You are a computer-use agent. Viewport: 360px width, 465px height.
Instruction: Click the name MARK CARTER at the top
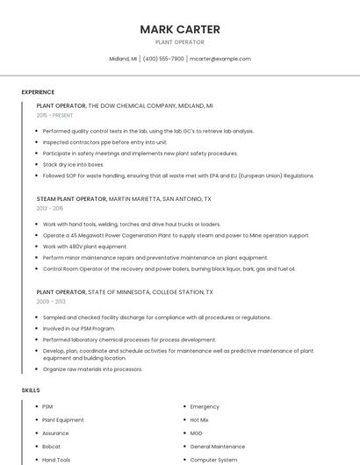180,29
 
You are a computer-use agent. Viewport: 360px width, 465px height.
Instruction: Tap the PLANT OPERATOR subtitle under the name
180,42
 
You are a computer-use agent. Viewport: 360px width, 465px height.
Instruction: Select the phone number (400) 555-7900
163,59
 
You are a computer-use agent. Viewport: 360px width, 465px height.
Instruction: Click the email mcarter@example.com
220,59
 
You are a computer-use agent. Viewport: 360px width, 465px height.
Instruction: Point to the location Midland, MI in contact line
123,59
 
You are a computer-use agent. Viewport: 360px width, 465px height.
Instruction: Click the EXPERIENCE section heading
38,92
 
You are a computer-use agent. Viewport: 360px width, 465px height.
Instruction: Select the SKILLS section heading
31,390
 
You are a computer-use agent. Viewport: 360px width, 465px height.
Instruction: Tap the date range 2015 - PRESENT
55,115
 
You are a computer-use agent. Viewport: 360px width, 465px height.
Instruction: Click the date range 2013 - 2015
50,209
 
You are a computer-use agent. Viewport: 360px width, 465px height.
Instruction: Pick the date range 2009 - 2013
51,301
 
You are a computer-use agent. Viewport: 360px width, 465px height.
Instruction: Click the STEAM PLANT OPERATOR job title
71,199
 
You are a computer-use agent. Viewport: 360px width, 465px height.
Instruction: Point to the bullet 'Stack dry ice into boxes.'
73,164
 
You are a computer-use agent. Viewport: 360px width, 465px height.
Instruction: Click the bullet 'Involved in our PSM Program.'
79,328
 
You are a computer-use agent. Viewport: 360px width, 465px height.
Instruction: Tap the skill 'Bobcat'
51,447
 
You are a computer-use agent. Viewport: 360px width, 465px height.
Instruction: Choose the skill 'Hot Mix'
199,420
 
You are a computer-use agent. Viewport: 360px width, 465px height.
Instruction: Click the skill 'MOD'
196,433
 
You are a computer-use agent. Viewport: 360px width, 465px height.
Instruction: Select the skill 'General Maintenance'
218,447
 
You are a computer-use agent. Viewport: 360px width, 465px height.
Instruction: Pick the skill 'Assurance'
55,433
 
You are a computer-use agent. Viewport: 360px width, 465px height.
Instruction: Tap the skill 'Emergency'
205,407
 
